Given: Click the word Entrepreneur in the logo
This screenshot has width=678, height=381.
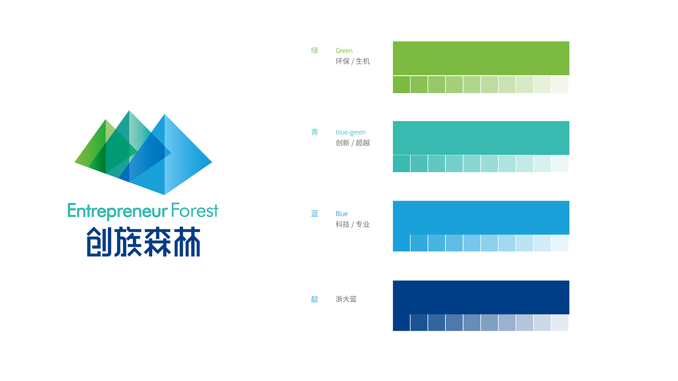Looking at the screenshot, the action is pos(117,211).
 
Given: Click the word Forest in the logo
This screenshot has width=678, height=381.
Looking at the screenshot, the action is pos(195,210).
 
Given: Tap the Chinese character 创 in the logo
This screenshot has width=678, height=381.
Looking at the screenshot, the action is pos(100,242).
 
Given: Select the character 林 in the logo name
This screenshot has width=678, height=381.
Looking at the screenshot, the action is pos(187,242).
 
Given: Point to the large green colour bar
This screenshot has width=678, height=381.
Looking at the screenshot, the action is pos(481,58).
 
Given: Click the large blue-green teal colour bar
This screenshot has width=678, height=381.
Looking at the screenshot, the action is pos(481,138).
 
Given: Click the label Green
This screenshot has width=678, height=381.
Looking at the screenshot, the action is pos(344,51).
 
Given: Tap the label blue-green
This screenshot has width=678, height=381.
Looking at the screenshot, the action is pos(351,132).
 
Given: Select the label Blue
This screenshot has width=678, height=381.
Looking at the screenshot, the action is pos(342,214).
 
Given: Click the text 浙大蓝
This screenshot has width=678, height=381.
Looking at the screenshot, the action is pos(346,299).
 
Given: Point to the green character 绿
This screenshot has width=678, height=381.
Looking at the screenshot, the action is pos(315,51).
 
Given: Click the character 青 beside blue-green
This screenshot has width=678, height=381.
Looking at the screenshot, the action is pos(315,132).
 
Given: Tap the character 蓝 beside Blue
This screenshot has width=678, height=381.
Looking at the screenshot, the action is pos(315,214).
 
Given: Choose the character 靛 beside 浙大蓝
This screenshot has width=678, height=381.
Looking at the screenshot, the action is pos(315,299).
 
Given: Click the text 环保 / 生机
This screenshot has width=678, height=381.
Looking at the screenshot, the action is pos(353,61).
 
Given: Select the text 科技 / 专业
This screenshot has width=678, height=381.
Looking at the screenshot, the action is pos(353,224).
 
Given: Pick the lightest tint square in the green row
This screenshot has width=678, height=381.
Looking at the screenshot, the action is pos(560,84).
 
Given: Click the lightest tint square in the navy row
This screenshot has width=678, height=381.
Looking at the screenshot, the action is pos(560,323).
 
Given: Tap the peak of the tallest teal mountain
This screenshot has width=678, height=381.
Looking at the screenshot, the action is pos(129,111).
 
